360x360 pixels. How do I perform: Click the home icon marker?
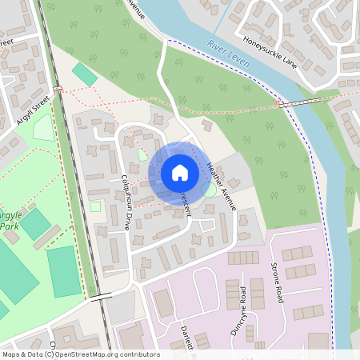click(180, 173)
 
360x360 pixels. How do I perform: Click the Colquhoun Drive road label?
click(126, 202)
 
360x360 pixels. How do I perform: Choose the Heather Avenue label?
click(222, 186)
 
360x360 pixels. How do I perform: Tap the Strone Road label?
click(277, 283)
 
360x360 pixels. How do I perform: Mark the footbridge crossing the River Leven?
click(298, 102)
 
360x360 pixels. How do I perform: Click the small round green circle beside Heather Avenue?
click(208, 190)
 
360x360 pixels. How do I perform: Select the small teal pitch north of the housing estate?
click(84, 74)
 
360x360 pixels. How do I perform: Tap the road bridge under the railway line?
click(101, 298)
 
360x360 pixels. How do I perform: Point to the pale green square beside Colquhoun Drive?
click(95, 206)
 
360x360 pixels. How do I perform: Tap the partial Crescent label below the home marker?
click(186, 205)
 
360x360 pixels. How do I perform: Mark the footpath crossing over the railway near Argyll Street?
click(58, 88)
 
